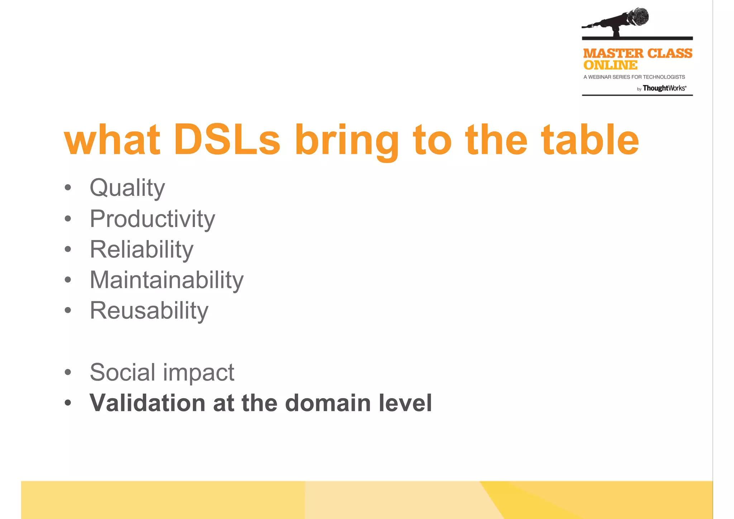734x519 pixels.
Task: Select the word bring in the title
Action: click(347, 141)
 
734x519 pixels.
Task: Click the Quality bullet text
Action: click(127, 188)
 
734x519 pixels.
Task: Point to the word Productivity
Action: click(152, 219)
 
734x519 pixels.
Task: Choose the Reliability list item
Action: click(142, 249)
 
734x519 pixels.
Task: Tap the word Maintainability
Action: click(167, 280)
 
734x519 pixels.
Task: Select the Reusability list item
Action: click(149, 311)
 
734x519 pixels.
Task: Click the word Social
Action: click(122, 372)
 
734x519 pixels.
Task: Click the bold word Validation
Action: click(147, 403)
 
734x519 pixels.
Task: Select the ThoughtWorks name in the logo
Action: click(664, 88)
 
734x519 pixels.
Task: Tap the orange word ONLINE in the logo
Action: click(610, 65)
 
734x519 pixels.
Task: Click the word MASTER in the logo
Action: click(613, 53)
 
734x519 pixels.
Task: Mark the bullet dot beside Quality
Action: click(68, 188)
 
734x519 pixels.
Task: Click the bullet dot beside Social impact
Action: click(68, 372)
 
